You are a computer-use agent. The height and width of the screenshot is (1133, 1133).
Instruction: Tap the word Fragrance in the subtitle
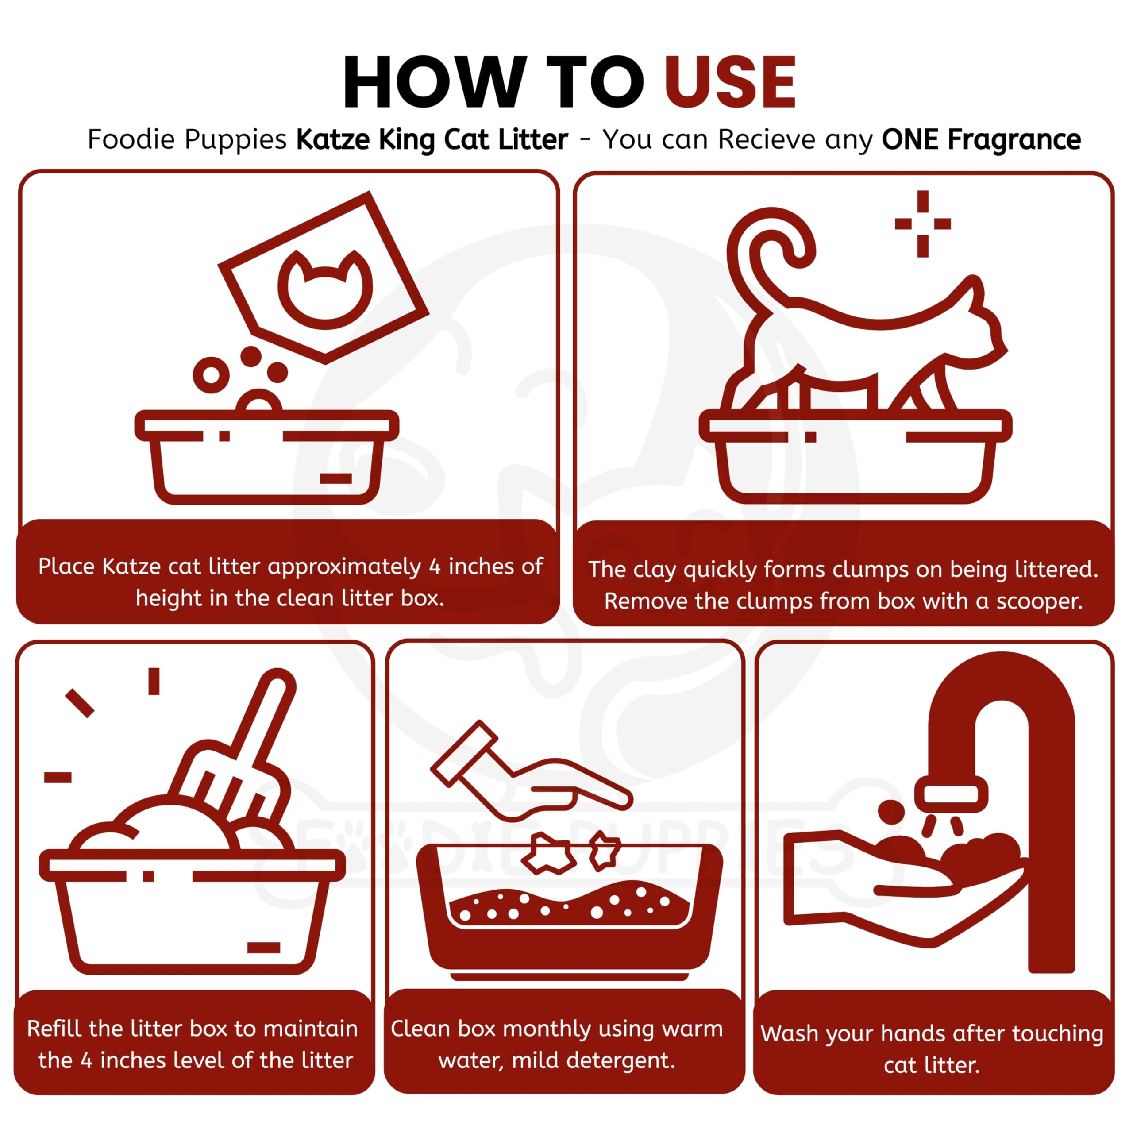[1014, 139]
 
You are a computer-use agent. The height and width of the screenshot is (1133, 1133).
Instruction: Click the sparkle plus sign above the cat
[922, 224]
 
